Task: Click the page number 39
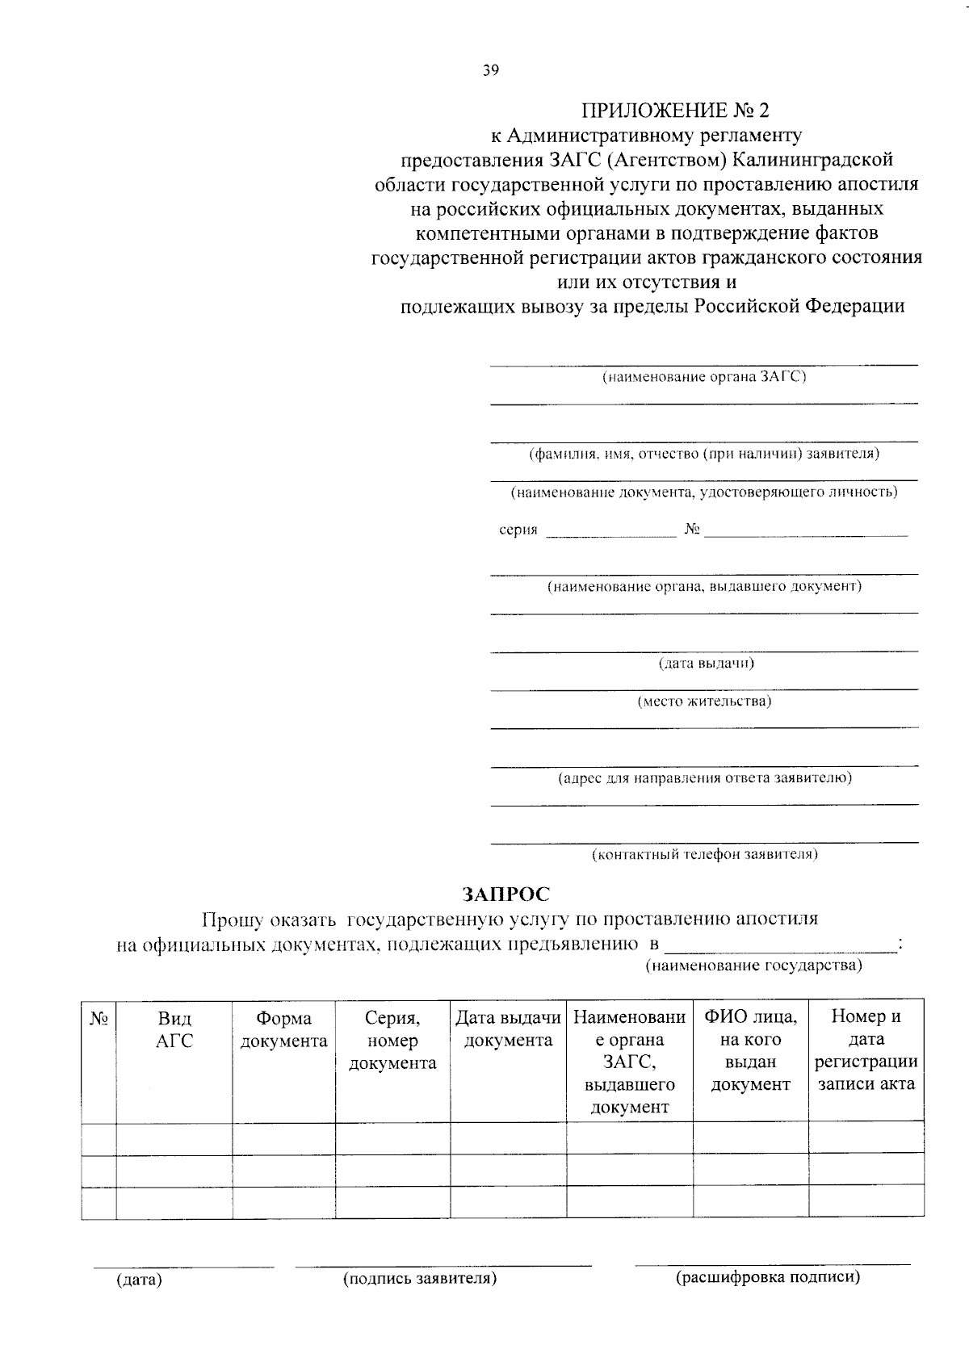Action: (491, 70)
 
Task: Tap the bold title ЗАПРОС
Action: (505, 894)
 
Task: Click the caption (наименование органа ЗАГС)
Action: (704, 377)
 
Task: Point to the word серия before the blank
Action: (518, 530)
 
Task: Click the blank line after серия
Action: (611, 533)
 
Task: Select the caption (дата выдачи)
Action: (706, 664)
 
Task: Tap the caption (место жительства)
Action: (704, 702)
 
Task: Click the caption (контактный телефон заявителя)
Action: (704, 854)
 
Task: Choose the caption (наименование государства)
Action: (753, 966)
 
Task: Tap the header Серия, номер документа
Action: (392, 1041)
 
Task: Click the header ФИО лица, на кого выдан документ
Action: (750, 1050)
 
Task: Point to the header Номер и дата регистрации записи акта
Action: (866, 1050)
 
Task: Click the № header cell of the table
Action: (99, 1019)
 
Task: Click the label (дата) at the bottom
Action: (140, 1280)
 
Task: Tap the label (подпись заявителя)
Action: (419, 1279)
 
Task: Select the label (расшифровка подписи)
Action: (767, 1277)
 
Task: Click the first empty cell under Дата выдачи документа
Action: (508, 1139)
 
